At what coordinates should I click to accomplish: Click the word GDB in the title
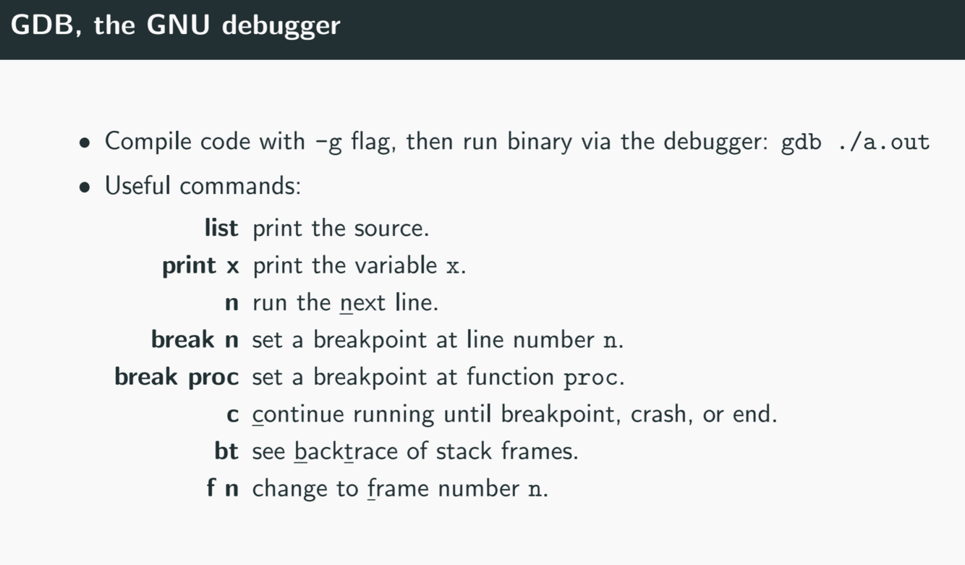(x=37, y=25)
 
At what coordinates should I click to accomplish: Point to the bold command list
(x=221, y=229)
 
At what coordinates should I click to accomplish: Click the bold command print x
(x=200, y=266)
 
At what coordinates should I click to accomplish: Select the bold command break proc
(x=177, y=377)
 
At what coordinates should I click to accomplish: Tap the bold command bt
(x=226, y=451)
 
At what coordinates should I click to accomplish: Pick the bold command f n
(x=222, y=488)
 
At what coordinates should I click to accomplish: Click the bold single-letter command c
(x=232, y=415)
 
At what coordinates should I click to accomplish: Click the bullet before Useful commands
(x=86, y=187)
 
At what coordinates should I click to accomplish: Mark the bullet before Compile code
(x=86, y=143)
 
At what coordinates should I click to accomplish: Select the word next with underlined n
(x=363, y=303)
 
